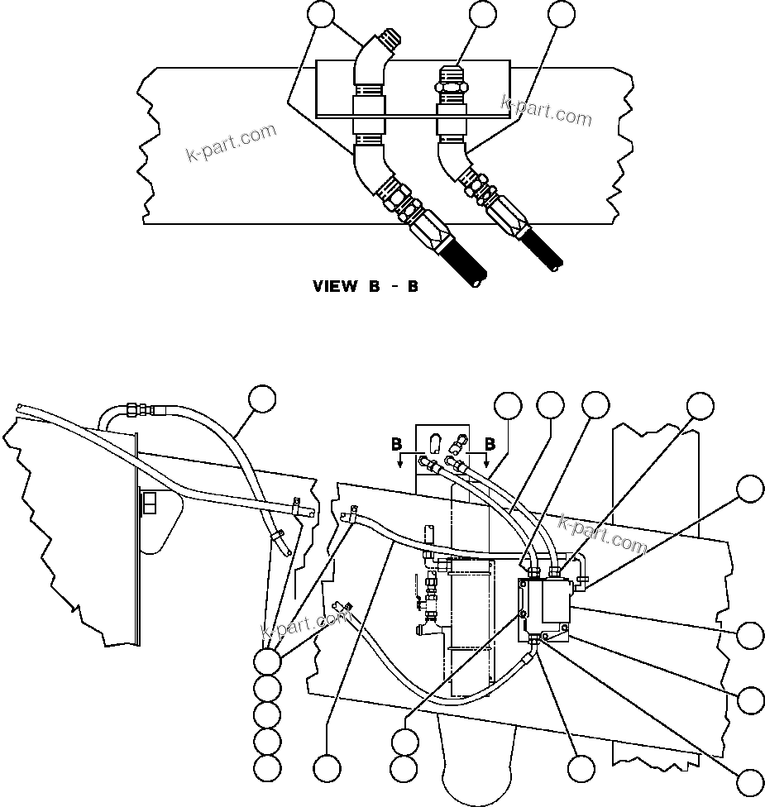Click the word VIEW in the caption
pyautogui.click(x=335, y=287)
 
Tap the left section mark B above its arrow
pyautogui.click(x=396, y=444)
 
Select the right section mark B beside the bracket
pyautogui.click(x=490, y=444)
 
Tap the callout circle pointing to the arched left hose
pyautogui.click(x=263, y=399)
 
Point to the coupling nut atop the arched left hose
pyautogui.click(x=145, y=408)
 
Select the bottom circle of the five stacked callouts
pyautogui.click(x=265, y=767)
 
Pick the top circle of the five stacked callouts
pyautogui.click(x=265, y=661)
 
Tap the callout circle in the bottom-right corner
pyautogui.click(x=750, y=781)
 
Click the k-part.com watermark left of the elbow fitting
pyautogui.click(x=231, y=143)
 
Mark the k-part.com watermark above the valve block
pyautogui.click(x=603, y=534)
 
